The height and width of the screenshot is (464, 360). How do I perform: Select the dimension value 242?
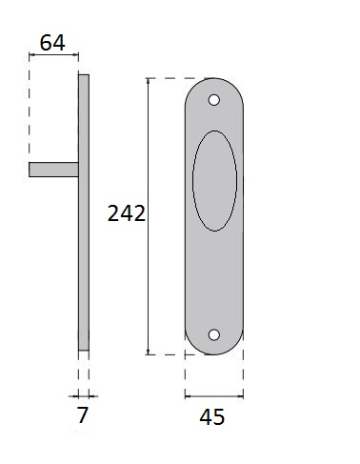(x=127, y=213)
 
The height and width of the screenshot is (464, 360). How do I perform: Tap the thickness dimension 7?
(x=82, y=414)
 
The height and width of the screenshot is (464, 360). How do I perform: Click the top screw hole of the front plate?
(x=214, y=98)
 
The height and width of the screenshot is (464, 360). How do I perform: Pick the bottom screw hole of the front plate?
(x=213, y=334)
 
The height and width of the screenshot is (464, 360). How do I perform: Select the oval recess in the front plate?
(x=214, y=179)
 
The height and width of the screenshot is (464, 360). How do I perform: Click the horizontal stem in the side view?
(x=53, y=170)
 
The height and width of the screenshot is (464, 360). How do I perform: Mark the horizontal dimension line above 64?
(x=54, y=56)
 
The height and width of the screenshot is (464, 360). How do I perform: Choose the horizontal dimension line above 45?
(x=213, y=394)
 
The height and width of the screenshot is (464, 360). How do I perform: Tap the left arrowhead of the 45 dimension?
(x=188, y=394)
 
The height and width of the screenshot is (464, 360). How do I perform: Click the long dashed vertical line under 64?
(x=30, y=114)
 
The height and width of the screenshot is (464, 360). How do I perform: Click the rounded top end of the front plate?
(x=214, y=84)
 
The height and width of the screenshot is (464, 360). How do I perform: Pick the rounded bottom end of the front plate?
(x=213, y=348)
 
